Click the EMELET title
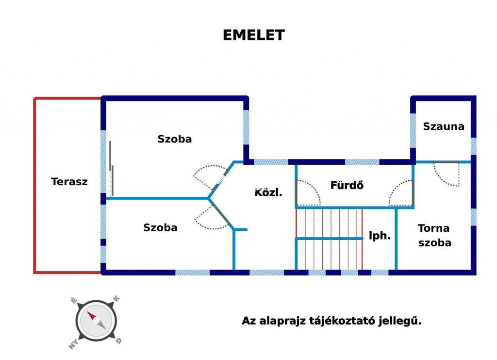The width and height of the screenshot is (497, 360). pyautogui.click(x=253, y=35)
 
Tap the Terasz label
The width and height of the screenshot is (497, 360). pyautogui.click(x=69, y=181)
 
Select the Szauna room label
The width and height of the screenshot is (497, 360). pyautogui.click(x=444, y=126)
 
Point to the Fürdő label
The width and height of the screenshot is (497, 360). pyautogui.click(x=347, y=185)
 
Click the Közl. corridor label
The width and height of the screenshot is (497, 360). pyautogui.click(x=268, y=192)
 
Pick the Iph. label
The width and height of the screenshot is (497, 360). pyautogui.click(x=380, y=236)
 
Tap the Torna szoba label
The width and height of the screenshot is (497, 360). pyautogui.click(x=434, y=235)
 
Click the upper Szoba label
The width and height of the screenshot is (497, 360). pyautogui.click(x=175, y=139)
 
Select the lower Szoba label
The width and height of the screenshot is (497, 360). pyautogui.click(x=160, y=227)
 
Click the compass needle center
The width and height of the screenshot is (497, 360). pyautogui.click(x=97, y=320)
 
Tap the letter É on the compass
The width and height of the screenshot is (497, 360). pyautogui.click(x=74, y=300)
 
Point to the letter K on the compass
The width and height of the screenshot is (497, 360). pyautogui.click(x=116, y=298)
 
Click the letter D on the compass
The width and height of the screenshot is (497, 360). pyautogui.click(x=118, y=341)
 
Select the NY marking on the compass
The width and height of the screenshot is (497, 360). pyautogui.click(x=74, y=344)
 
